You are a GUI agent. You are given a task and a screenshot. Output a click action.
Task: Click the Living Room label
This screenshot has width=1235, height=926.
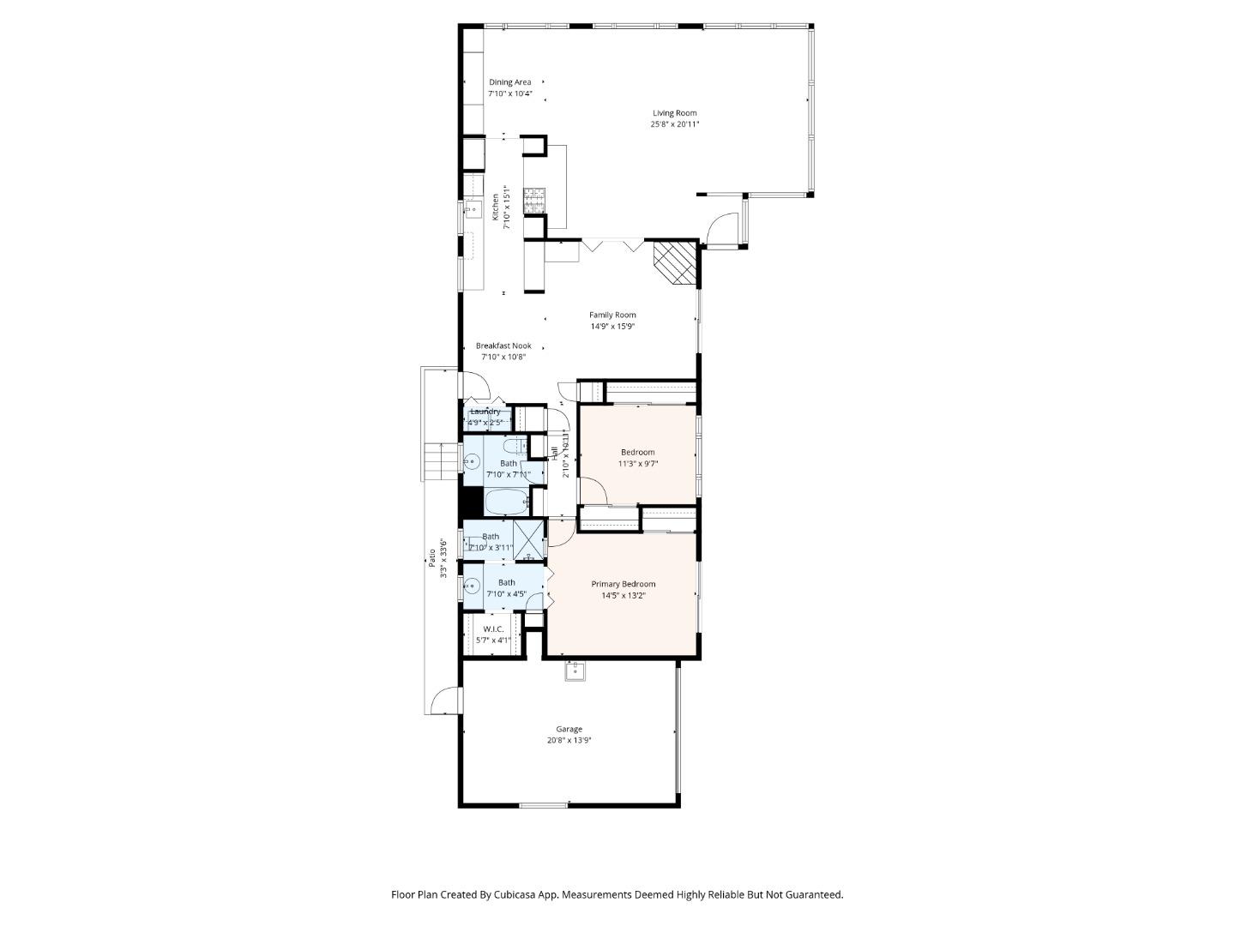point(674,113)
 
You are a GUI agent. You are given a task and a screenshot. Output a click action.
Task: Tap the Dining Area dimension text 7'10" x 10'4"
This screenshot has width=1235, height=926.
point(510,93)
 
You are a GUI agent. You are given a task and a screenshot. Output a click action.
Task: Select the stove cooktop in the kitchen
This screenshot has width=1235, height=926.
point(534,200)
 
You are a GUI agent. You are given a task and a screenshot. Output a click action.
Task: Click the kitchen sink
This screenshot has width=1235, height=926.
point(471,208)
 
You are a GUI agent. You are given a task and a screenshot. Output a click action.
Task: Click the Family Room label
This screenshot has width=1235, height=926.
point(612,315)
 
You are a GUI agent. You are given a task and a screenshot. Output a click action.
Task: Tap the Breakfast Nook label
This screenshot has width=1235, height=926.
point(503,346)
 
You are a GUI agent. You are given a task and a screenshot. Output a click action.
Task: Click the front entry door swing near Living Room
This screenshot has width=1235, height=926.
point(723,229)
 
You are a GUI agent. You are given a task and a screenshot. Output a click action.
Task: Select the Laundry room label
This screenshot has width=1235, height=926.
point(485,412)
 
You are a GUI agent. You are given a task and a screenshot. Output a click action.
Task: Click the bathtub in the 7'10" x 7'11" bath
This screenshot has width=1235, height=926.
point(505,502)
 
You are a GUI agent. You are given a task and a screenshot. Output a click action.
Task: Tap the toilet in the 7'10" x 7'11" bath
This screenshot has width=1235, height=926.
point(515,447)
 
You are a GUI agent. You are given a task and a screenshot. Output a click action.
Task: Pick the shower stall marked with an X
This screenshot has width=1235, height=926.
point(529,540)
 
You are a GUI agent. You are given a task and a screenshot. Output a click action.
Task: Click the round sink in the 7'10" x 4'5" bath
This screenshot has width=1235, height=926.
point(472,587)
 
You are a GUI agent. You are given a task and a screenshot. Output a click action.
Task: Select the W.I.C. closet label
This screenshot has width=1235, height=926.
point(493,629)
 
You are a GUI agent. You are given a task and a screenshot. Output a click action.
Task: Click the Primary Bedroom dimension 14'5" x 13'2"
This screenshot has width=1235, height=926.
point(624,595)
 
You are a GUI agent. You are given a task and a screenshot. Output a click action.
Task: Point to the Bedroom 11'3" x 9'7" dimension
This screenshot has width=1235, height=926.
point(638,464)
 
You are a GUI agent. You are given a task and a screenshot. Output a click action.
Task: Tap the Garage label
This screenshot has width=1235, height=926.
point(569,729)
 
